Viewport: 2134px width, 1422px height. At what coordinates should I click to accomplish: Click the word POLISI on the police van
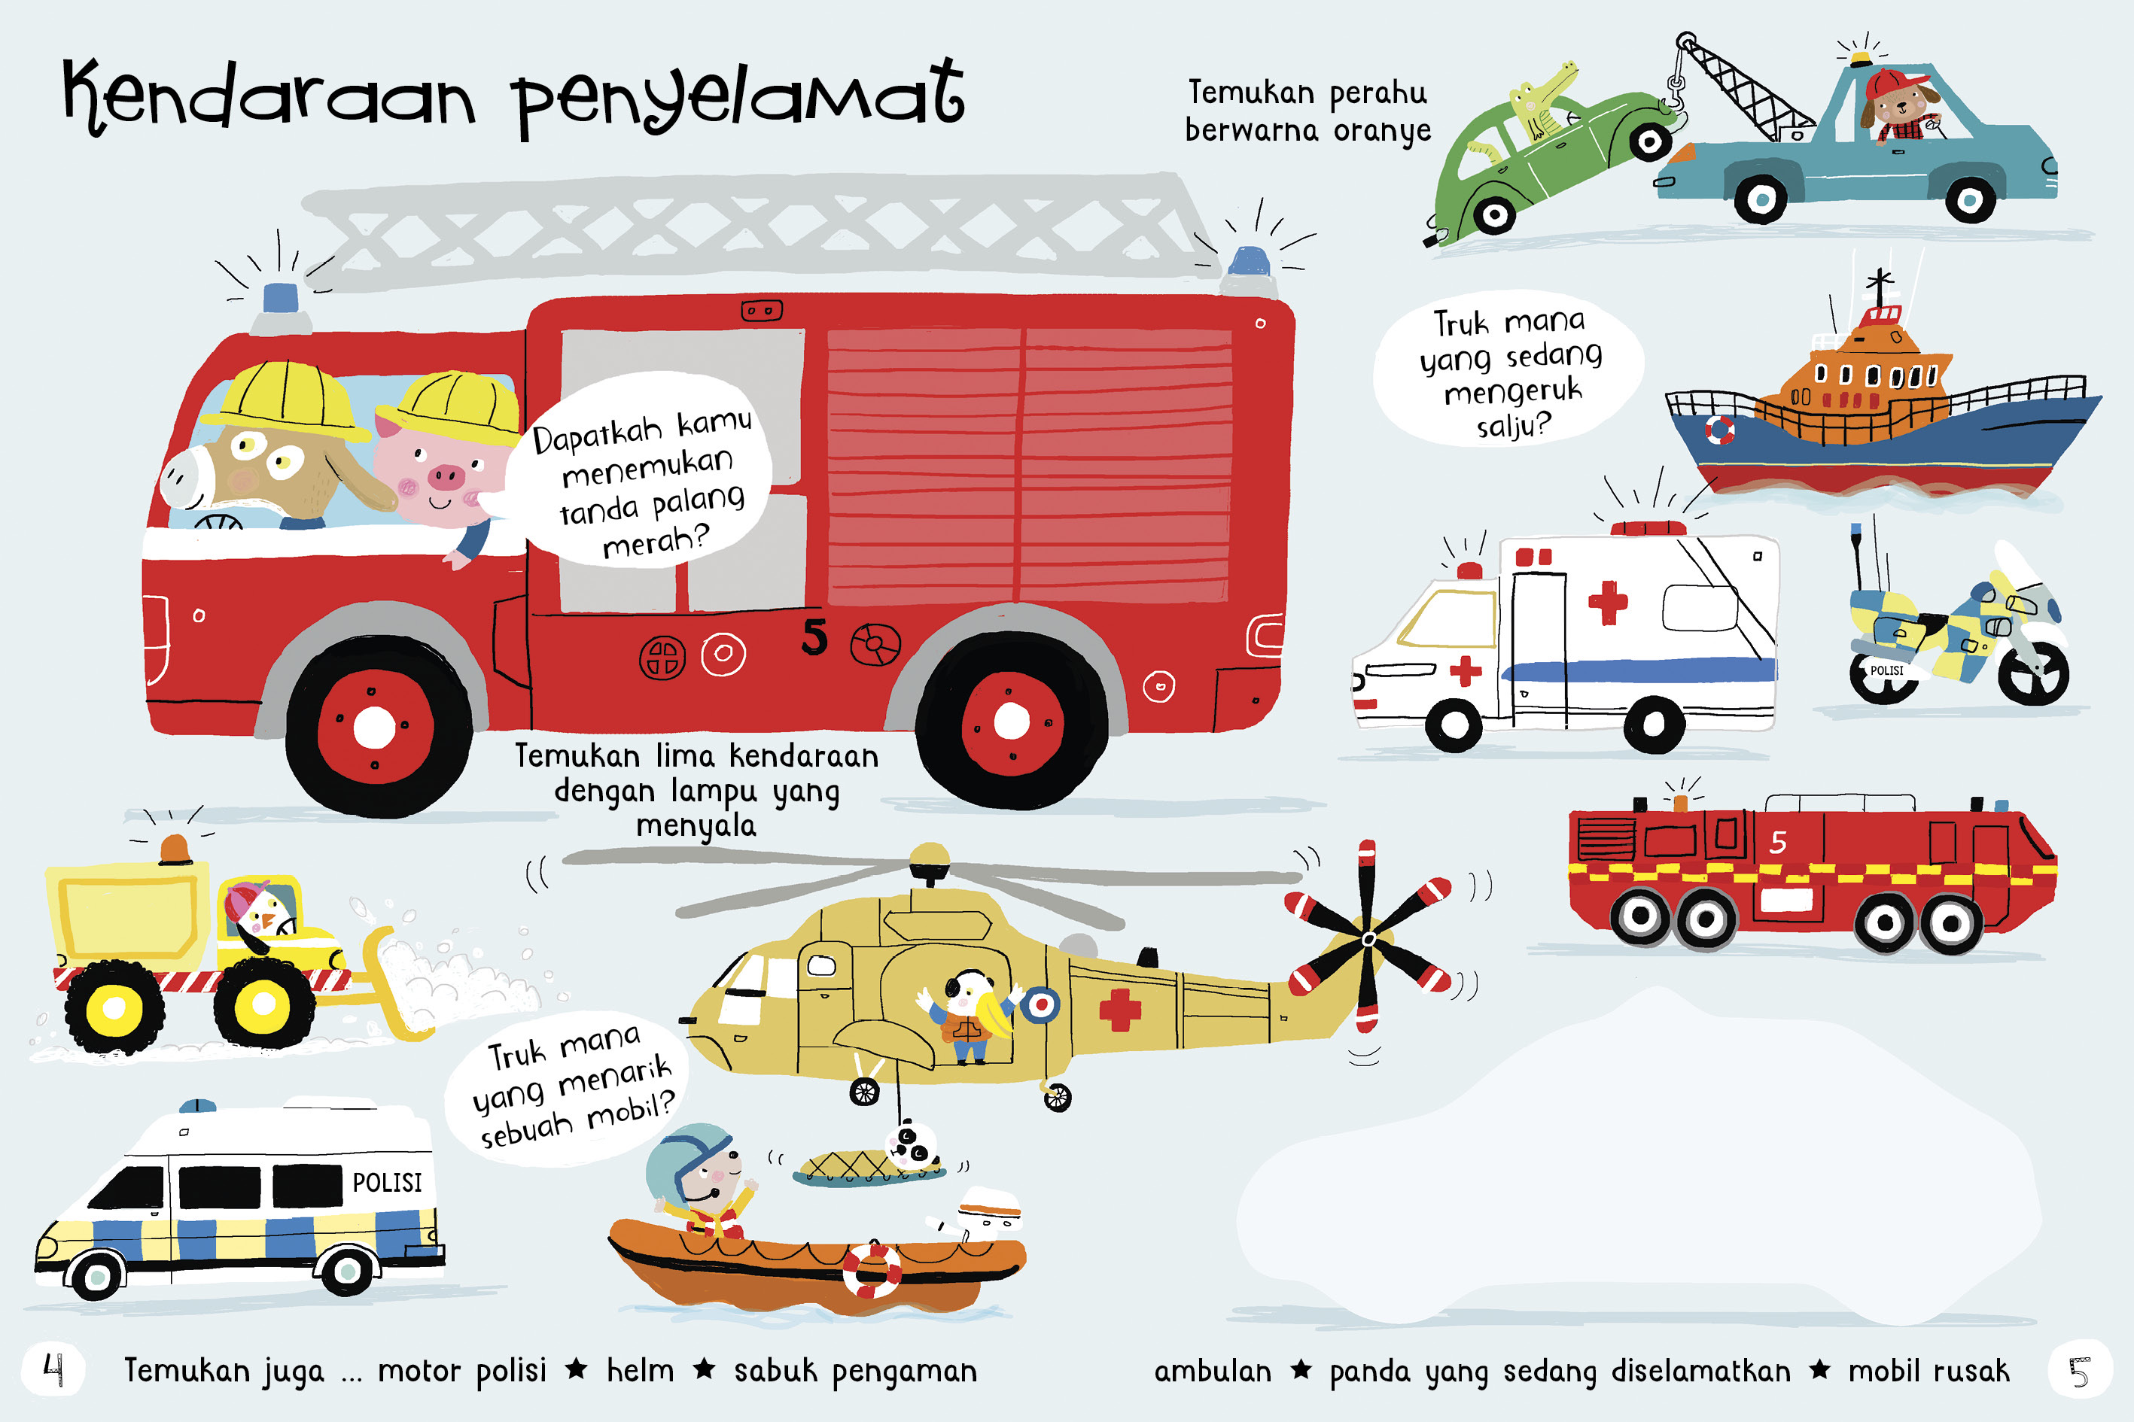point(388,1182)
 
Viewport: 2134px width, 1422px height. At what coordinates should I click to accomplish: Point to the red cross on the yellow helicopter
point(1119,1010)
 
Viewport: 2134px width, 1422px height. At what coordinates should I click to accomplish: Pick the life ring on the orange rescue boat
point(871,1270)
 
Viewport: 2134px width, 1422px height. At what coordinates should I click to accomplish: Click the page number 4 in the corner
point(53,1369)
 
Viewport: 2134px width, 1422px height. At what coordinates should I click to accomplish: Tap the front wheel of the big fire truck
point(375,725)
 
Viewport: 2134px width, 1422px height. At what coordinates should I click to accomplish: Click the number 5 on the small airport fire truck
point(1777,843)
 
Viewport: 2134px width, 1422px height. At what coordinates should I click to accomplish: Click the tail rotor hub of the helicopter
point(1368,940)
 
